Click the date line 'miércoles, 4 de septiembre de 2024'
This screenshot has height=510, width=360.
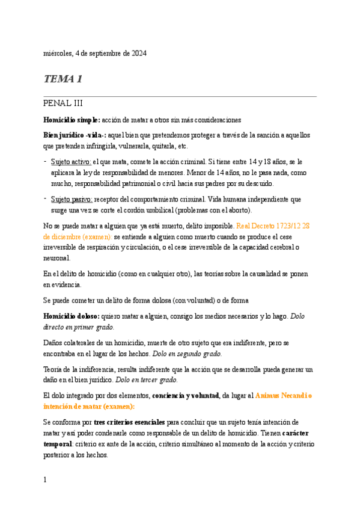pos(95,54)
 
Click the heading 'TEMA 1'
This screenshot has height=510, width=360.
pos(63,79)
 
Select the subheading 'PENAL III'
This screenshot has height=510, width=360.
pos(67,103)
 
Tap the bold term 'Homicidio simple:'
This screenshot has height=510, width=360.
pos(67,120)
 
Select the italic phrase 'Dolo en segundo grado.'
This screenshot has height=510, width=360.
pos(187,353)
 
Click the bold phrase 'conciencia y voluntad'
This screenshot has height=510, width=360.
pos(185,395)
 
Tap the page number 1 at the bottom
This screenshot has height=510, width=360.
pos(45,480)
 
